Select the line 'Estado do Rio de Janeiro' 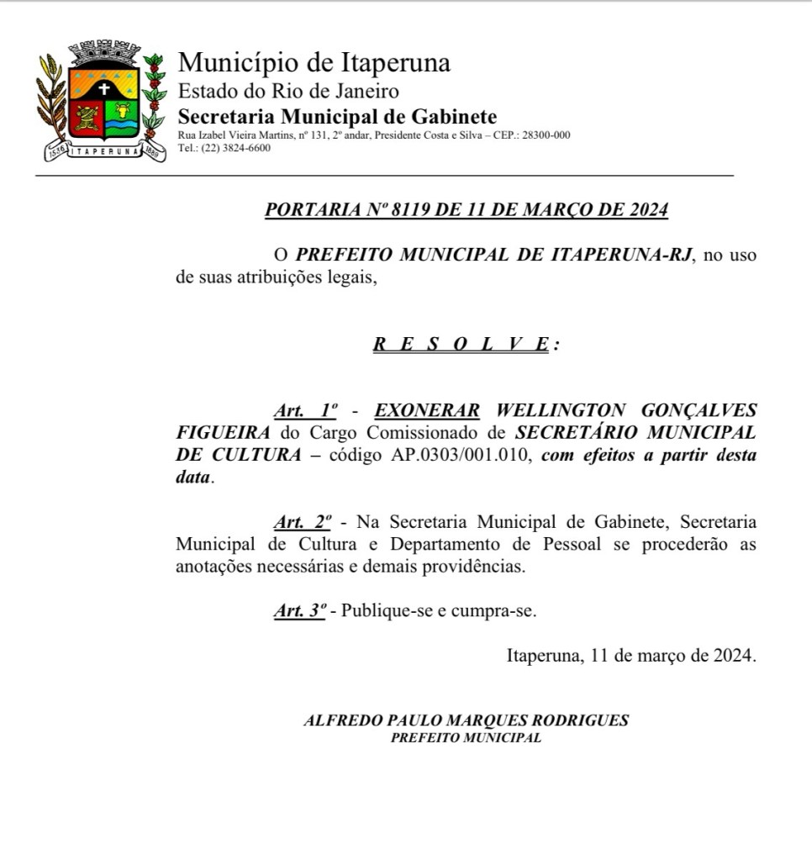(288, 91)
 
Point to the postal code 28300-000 (546, 135)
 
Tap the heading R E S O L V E (461, 345)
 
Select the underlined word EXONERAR (427, 410)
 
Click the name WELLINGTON (558, 410)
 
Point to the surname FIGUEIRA (224, 432)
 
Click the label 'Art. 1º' (305, 410)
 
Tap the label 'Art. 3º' (299, 611)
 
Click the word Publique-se (388, 611)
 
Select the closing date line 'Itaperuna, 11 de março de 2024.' (630, 656)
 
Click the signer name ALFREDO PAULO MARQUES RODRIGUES (466, 720)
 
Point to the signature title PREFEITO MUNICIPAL (466, 738)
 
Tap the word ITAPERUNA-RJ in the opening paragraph (623, 256)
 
